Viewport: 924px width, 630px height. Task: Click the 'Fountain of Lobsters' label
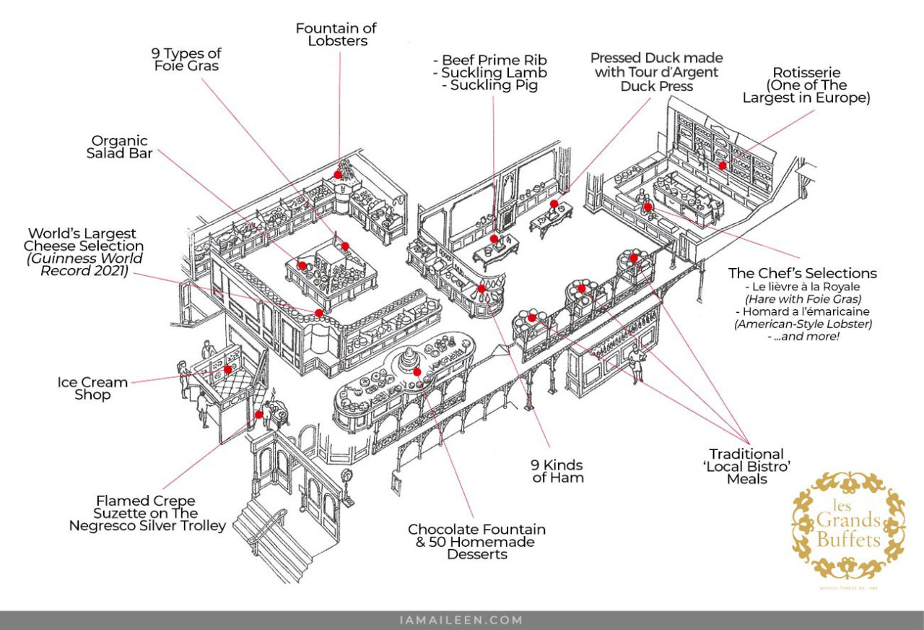336,35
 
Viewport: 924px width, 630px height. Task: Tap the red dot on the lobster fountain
338,174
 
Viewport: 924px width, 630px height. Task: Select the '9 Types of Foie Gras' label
186,59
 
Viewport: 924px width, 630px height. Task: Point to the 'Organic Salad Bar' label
120,147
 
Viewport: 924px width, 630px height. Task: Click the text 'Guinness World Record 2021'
82,265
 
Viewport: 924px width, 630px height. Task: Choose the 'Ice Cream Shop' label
92,388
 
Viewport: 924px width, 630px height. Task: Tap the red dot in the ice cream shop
228,369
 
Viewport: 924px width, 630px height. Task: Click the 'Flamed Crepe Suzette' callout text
147,513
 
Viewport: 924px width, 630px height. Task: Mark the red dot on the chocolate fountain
417,371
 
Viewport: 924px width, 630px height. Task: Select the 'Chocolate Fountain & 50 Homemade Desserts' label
476,541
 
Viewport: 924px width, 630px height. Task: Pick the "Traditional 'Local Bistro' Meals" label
746,466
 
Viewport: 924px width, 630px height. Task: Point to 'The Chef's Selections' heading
803,273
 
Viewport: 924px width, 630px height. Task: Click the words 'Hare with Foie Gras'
802,298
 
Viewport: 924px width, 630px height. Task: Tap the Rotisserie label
806,85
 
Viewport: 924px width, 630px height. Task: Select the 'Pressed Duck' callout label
656,72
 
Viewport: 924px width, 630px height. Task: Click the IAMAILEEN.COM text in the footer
461,620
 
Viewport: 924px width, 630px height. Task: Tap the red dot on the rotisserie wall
722,165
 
